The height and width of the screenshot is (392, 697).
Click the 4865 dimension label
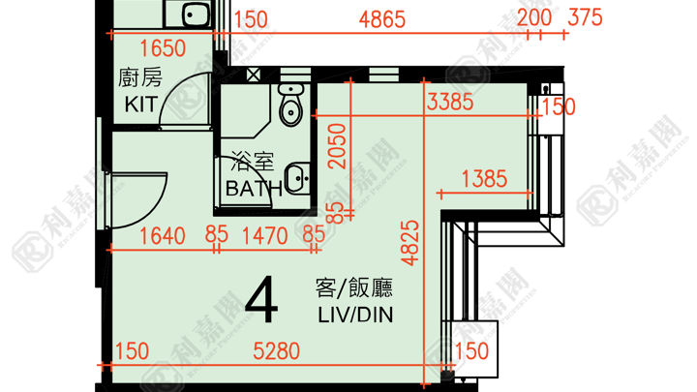[x=381, y=20]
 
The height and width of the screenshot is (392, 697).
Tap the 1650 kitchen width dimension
[x=163, y=48]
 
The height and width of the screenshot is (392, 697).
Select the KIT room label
[x=141, y=105]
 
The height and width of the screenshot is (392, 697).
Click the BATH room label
[x=254, y=189]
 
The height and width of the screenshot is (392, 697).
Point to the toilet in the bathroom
[x=290, y=105]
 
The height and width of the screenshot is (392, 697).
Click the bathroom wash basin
[x=297, y=179]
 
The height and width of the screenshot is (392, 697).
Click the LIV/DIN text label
[x=355, y=316]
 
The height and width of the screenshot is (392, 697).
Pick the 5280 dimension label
[x=277, y=351]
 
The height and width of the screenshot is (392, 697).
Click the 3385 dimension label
[x=450, y=102]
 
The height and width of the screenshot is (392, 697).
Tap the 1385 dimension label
[x=485, y=179]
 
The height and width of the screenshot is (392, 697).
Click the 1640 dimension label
[x=163, y=236]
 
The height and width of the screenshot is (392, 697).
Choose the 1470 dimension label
[x=265, y=236]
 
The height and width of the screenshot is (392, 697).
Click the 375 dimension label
[x=586, y=17]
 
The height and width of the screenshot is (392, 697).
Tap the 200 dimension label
[x=534, y=17]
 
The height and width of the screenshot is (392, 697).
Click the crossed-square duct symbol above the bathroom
[x=254, y=75]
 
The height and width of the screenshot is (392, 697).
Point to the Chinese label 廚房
[x=140, y=77]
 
